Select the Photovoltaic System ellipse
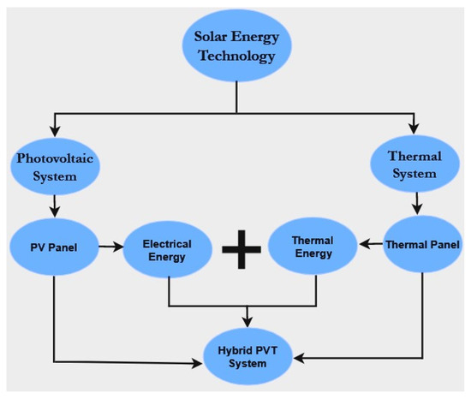(55, 166)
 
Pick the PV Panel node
(55, 247)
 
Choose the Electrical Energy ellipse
(168, 250)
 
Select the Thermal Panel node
(421, 245)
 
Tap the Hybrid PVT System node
(249, 355)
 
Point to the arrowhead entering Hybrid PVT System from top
(249, 322)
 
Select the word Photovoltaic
(55, 158)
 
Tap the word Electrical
(168, 243)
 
